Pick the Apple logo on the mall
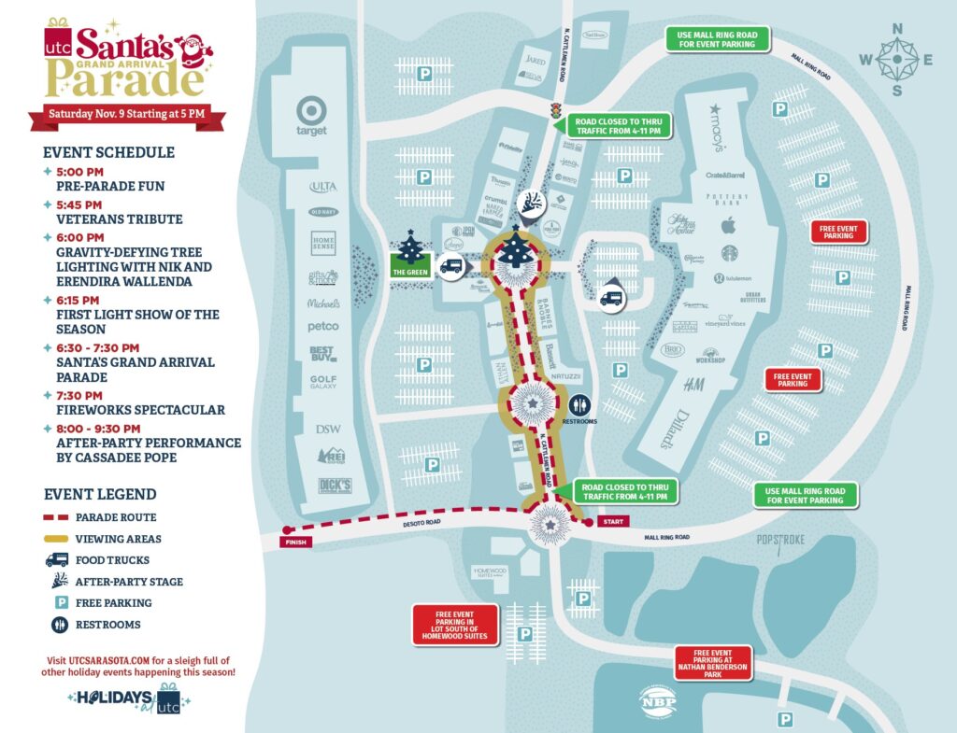pos(729,225)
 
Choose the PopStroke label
pos(780,541)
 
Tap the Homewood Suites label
pos(490,572)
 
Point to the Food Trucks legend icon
pos(58,560)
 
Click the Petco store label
pos(323,327)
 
